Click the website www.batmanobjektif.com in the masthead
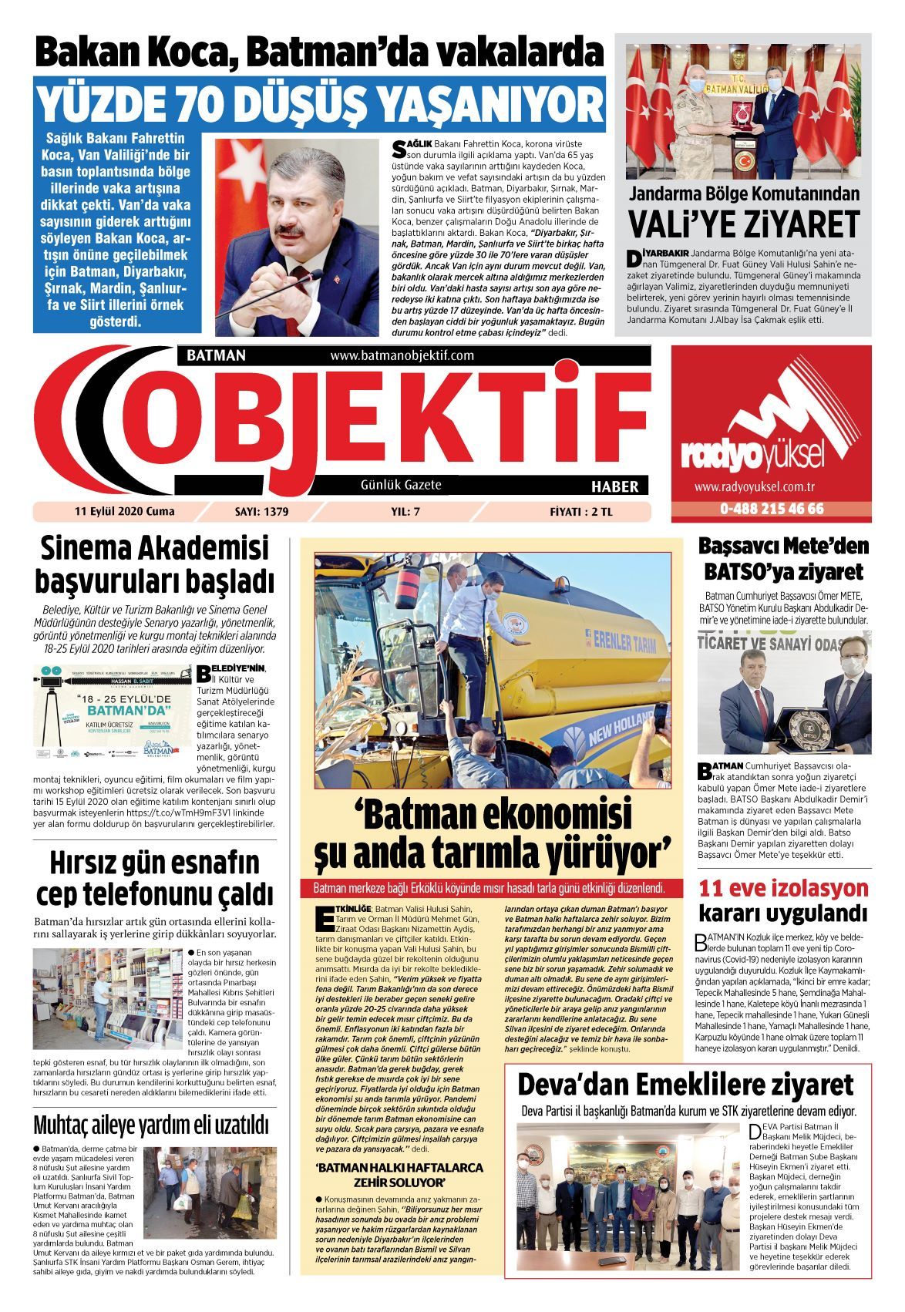pos(402,355)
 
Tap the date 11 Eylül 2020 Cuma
pos(124,511)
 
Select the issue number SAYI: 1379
pos(261,511)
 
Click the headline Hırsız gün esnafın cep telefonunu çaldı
pos(155,878)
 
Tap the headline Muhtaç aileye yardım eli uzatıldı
pos(151,1125)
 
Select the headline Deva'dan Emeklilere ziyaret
pos(685,1084)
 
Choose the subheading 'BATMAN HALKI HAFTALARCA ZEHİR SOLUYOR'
pos(399,1175)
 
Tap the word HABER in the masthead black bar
pos(614,486)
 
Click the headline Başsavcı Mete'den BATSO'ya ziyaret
pos(782,559)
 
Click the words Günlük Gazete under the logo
pos(401,485)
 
